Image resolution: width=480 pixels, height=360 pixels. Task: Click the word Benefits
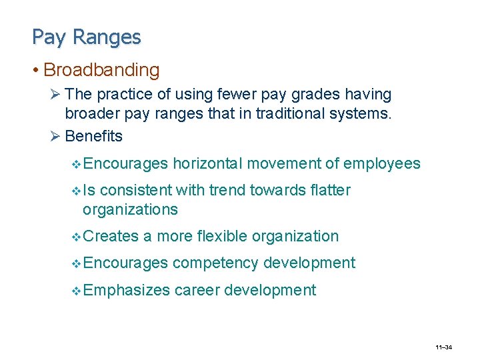(93, 136)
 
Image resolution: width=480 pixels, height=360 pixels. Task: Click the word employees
(383, 163)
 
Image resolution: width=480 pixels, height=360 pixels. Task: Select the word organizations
(130, 209)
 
